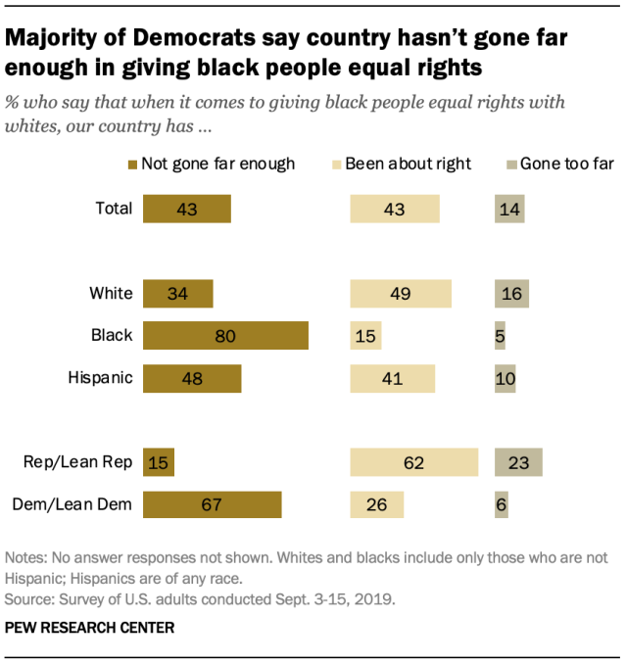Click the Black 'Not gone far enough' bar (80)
click(x=225, y=335)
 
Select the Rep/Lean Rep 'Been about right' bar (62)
click(x=414, y=463)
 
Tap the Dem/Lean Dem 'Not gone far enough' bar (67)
click(x=212, y=504)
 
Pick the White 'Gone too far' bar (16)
click(x=511, y=294)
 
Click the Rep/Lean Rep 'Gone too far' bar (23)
click(x=518, y=463)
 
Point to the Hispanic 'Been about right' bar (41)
click(x=393, y=377)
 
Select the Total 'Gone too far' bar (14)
click(x=509, y=209)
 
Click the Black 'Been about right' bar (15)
click(x=365, y=335)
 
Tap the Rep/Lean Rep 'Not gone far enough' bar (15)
click(x=159, y=463)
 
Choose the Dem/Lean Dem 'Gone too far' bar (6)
click(x=501, y=504)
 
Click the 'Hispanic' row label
click(x=100, y=377)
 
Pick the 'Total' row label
click(x=113, y=209)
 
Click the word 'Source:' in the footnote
click(x=31, y=596)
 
